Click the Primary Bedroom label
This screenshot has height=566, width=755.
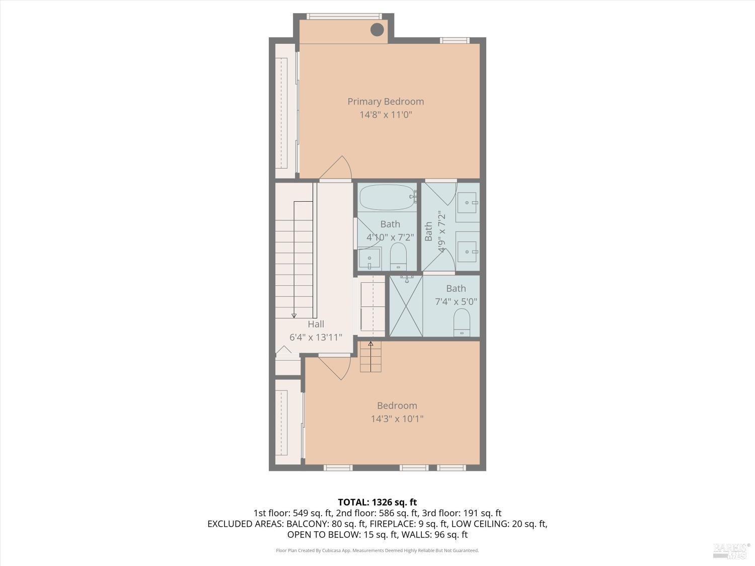[386, 102]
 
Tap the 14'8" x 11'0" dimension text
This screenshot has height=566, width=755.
[386, 115]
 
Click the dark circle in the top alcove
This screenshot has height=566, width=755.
[377, 30]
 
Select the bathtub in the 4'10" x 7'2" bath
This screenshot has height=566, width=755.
[387, 197]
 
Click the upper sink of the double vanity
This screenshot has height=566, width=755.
[468, 203]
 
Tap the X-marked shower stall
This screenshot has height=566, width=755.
[406, 306]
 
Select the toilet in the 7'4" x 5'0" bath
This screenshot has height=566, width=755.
[462, 322]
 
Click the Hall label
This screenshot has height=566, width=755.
[316, 325]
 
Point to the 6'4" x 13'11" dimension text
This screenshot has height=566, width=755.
[316, 338]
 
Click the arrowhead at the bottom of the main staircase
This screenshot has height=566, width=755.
[294, 315]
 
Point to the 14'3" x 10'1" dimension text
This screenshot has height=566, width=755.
[397, 419]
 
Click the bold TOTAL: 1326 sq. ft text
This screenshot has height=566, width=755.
[377, 502]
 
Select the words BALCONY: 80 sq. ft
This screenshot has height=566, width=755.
[317, 524]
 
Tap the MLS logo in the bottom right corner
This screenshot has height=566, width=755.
[731, 550]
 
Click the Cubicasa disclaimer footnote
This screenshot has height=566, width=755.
[377, 550]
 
